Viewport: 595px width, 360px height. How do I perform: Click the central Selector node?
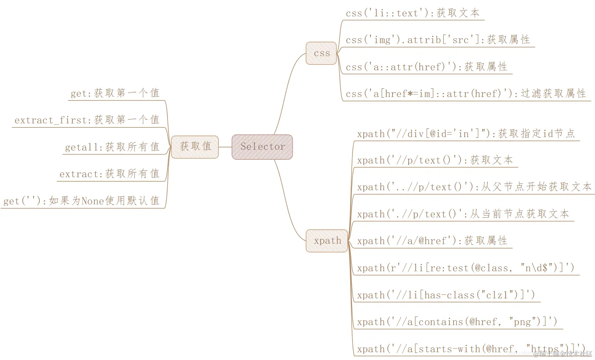pos(262,147)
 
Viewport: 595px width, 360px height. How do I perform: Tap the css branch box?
pos(321,53)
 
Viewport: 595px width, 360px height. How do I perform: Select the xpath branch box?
pos(327,241)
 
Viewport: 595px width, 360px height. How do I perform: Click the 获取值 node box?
pos(195,147)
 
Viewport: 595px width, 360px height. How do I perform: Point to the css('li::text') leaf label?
pos(412,13)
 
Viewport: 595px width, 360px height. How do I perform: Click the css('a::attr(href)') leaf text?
pos(426,67)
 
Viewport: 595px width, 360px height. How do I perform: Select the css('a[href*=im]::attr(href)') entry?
pos(465,94)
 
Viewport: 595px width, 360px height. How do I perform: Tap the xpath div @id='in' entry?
pos(466,134)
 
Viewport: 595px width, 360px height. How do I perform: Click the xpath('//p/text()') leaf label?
pos(435,160)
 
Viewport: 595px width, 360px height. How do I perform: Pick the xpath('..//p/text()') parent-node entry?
pos(474,187)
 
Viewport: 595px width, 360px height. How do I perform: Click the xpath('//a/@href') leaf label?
pos(432,241)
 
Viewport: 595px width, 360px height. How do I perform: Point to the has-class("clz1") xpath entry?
pos(446,295)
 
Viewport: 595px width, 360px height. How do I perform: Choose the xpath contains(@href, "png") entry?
pos(457,322)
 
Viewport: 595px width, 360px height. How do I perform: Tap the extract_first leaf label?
pos(87,120)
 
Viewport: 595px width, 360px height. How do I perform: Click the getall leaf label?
pos(112,147)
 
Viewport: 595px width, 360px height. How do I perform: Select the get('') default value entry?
pos(81,201)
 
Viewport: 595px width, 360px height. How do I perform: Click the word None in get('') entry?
pos(92,201)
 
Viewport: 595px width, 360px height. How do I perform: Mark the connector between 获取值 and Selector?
pos(225,147)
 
